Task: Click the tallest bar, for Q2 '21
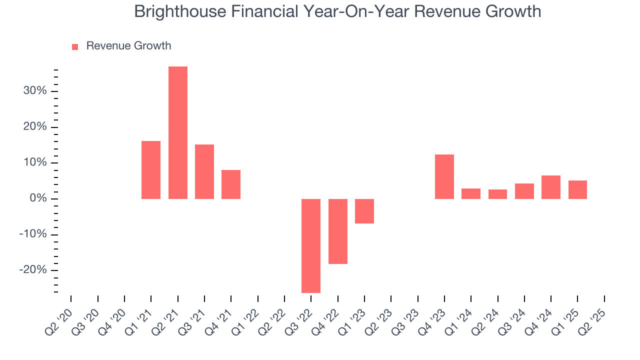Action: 177,132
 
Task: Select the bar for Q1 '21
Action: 151,170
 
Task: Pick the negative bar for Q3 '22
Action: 311,245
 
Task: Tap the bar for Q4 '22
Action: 338,231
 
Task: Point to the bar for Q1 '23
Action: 364,211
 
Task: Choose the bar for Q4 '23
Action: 444,176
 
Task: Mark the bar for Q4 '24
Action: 551,187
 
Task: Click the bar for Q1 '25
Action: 577,189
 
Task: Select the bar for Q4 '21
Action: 231,184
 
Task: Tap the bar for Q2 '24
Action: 497,194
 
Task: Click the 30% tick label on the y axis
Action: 34,91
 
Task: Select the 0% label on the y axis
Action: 37,199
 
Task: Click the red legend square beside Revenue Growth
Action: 75,46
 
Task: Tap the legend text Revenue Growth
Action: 128,46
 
